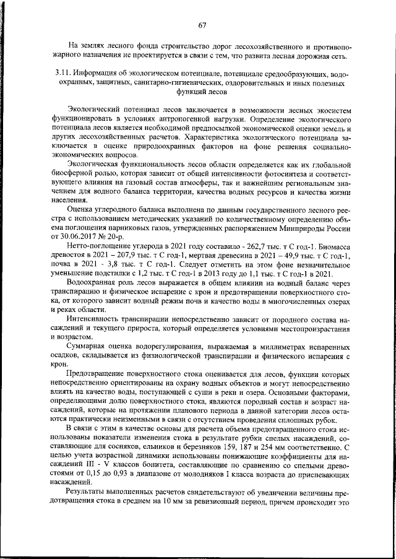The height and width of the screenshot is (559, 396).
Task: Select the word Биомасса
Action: (x=334, y=248)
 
